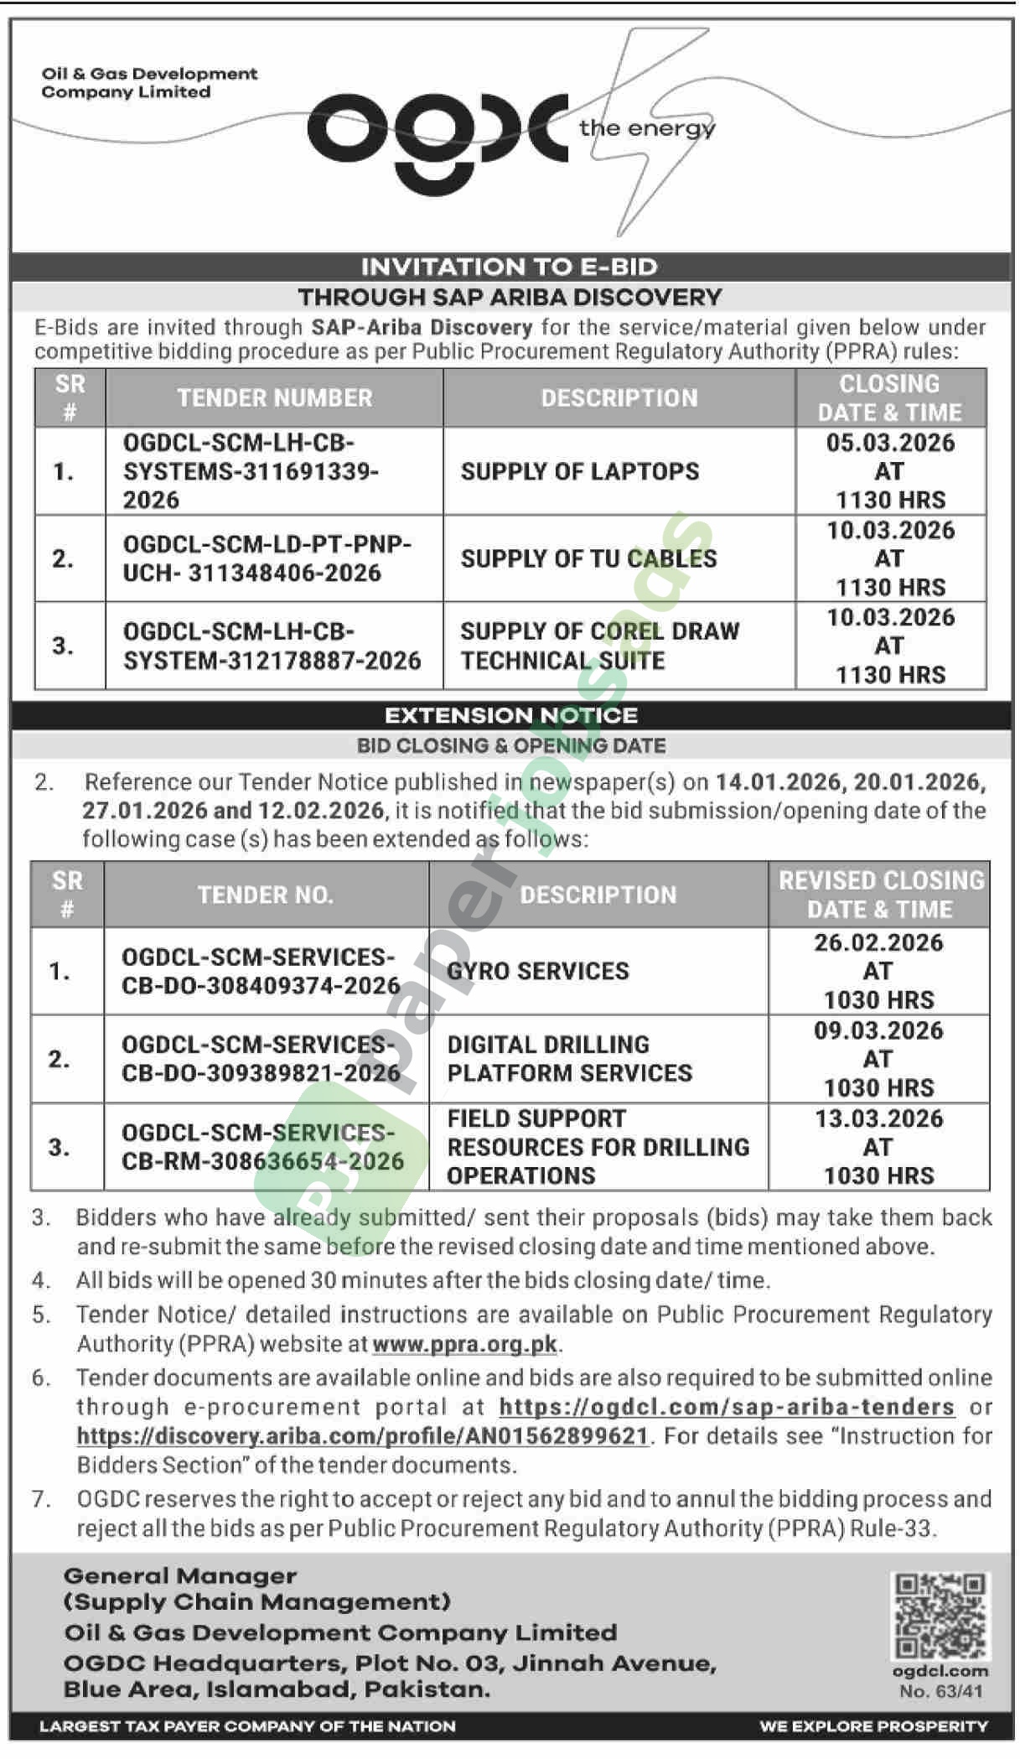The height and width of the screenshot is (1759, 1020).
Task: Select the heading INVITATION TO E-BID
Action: pos(509,267)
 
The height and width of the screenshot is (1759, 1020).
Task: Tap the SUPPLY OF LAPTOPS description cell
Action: pos(579,471)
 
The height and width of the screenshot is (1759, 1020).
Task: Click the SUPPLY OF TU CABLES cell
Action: pos(588,558)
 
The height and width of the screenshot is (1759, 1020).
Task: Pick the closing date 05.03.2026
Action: pos(890,443)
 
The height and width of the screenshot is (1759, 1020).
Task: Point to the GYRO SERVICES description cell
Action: pos(537,971)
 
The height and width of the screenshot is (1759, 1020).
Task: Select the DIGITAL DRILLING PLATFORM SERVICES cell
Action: pos(569,1059)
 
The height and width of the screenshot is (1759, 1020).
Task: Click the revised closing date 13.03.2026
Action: pos(878,1118)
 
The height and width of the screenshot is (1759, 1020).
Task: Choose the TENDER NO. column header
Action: pos(265,895)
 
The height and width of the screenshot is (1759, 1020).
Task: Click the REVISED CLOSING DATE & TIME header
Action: pos(880,895)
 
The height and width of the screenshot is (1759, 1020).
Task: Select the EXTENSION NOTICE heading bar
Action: pos(510,715)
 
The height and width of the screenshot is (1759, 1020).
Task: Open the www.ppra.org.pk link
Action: pos(464,1344)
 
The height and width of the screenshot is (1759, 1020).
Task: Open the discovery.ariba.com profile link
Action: pos(362,1436)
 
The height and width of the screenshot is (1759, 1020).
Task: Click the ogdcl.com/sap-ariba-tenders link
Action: pos(726,1407)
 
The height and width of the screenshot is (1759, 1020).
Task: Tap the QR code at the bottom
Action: pos(940,1616)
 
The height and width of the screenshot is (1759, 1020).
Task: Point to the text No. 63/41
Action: pos(940,1691)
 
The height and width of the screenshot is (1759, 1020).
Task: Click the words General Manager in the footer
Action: pos(180,1576)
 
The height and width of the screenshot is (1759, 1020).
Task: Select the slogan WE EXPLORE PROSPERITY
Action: pos(873,1726)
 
